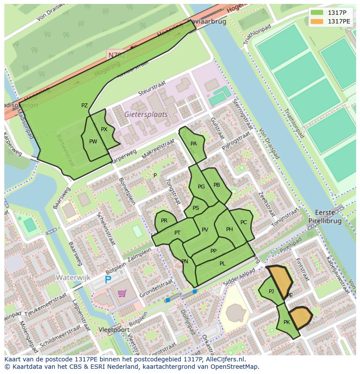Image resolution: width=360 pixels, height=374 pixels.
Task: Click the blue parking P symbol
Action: [x=108, y=280]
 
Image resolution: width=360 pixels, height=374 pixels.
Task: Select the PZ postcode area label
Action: [x=84, y=106]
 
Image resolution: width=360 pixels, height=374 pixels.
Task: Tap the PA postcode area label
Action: [x=193, y=144]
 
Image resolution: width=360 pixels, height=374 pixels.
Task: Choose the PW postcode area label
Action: [x=93, y=142]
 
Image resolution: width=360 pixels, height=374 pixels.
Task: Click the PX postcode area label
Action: [x=104, y=129]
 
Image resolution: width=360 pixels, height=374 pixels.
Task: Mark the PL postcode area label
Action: [x=222, y=263]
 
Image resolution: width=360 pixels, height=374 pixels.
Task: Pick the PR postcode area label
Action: [x=164, y=221]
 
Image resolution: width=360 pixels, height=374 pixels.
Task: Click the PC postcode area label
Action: [x=243, y=222]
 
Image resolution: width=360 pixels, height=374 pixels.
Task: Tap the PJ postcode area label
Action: [x=271, y=291]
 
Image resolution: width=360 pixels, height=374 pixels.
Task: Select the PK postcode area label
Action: [x=287, y=322]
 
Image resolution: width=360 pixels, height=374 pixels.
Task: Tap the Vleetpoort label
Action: [x=111, y=330]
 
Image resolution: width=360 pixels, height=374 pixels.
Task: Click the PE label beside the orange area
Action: [x=290, y=295]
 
